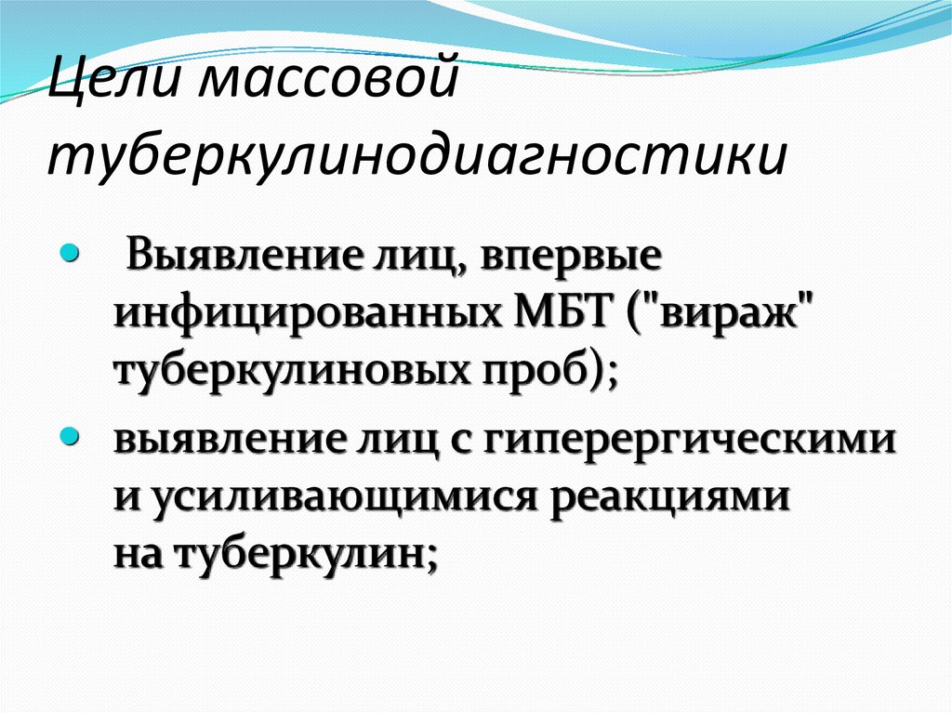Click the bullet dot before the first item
(x=70, y=253)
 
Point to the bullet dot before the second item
(x=70, y=435)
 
